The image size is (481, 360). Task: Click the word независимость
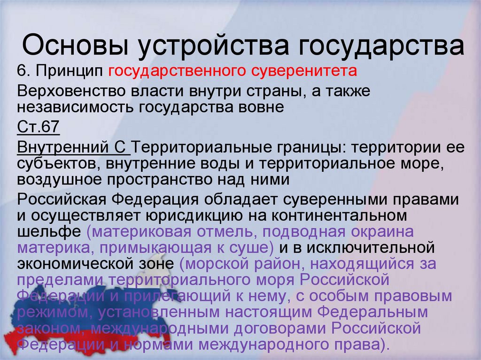pyautogui.click(x=75, y=107)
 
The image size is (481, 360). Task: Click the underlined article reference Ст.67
pyautogui.click(x=38, y=127)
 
